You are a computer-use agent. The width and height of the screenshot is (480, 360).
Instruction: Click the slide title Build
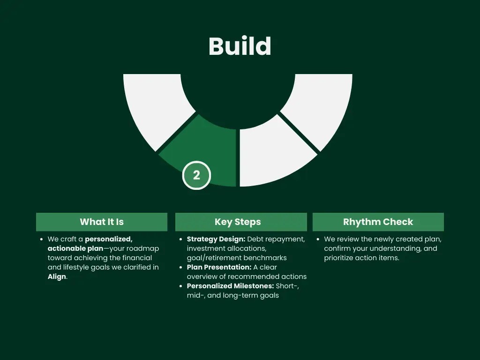(x=240, y=46)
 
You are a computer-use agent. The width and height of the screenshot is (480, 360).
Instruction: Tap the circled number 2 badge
(x=196, y=175)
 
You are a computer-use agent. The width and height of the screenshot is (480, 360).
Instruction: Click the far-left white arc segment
(x=155, y=103)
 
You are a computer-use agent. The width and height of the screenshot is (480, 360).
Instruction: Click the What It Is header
(x=102, y=222)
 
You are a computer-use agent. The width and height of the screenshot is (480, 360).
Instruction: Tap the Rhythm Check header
(x=378, y=222)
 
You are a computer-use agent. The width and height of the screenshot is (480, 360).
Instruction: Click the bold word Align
(x=57, y=277)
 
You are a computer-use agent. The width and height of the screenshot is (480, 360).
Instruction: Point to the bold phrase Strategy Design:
(x=216, y=239)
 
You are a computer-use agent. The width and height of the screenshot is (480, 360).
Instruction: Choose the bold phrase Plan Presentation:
(x=219, y=267)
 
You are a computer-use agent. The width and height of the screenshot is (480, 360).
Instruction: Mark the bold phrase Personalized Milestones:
(x=230, y=286)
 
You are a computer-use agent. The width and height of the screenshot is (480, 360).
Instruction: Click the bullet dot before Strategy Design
(x=181, y=239)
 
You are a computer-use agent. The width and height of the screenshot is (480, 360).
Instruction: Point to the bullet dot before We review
(x=318, y=239)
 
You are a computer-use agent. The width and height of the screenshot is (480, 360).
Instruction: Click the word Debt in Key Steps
(x=256, y=239)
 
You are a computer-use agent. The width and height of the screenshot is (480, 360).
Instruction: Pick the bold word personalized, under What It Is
(x=109, y=239)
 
